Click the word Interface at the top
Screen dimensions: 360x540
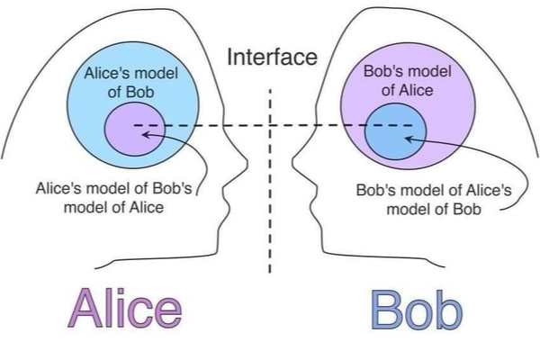(272, 58)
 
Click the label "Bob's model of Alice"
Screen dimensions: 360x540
(409, 81)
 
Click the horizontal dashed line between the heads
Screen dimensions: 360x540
(270, 125)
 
